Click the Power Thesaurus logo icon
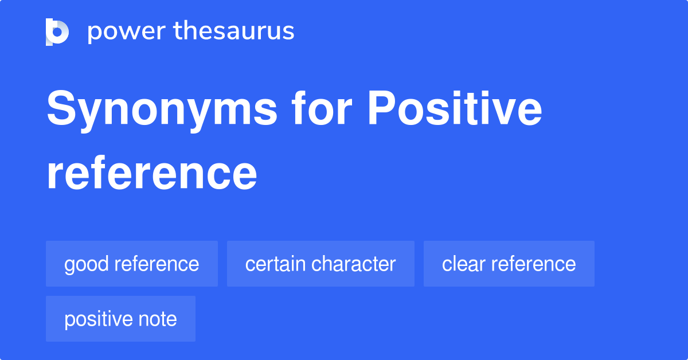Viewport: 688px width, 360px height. [57, 32]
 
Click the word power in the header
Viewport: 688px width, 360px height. [127, 32]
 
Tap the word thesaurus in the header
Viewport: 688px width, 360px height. [234, 30]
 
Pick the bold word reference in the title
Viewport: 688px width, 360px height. [152, 173]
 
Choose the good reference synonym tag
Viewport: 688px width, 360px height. [132, 264]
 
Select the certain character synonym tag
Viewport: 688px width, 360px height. [320, 264]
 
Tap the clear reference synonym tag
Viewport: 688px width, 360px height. [509, 264]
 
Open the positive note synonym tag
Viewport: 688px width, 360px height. [120, 319]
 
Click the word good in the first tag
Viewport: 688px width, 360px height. [87, 265]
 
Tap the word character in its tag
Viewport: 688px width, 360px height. [354, 264]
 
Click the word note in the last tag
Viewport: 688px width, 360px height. [158, 319]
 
